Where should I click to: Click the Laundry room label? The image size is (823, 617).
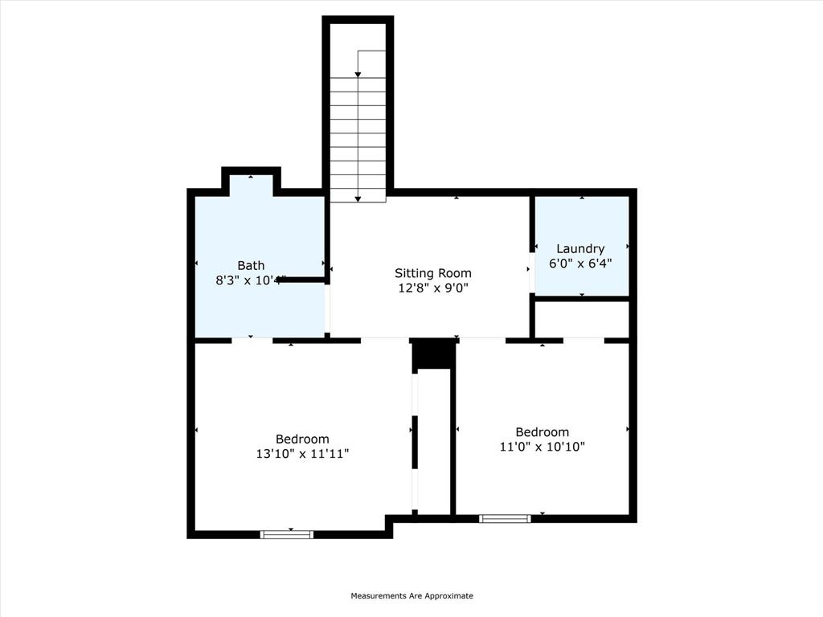pos(580,249)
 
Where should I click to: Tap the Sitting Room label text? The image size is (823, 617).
pos(432,273)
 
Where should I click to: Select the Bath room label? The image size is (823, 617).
pos(251,266)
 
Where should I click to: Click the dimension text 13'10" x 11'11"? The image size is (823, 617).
pos(302,454)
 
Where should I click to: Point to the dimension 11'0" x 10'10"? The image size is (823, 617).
pos(542,447)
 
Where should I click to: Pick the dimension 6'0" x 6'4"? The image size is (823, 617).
pos(580,264)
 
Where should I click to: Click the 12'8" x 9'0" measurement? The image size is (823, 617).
pos(432,288)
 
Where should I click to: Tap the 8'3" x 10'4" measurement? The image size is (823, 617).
pos(251,280)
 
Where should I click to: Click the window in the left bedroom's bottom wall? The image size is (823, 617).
pos(287,534)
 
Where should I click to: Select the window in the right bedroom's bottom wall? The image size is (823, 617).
pos(505,518)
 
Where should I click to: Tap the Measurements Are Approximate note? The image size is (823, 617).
pos(411,596)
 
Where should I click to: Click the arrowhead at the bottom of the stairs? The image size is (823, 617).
pos(358,198)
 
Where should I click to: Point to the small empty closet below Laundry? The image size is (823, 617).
pos(582,319)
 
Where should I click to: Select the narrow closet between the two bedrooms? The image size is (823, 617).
pos(435,442)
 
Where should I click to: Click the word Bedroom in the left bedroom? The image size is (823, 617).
pos(302,439)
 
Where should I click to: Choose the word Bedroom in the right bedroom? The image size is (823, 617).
pos(542,432)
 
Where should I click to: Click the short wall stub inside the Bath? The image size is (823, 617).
pos(302,280)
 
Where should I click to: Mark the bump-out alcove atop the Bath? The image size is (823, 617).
pos(251,183)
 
